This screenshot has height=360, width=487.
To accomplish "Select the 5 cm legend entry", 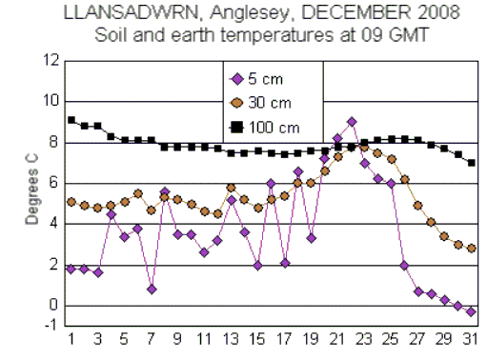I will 257,79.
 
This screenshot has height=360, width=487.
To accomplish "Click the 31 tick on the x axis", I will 470,339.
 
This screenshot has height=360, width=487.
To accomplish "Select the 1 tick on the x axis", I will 71,339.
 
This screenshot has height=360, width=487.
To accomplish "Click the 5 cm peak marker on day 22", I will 352,122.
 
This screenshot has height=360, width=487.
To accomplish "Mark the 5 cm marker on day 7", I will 152,289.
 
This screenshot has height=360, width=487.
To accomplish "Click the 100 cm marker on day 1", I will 71,120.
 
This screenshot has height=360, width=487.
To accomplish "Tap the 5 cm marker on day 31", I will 471,312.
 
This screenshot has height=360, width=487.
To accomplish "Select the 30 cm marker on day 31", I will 471,248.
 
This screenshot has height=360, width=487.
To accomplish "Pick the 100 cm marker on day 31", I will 471,163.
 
